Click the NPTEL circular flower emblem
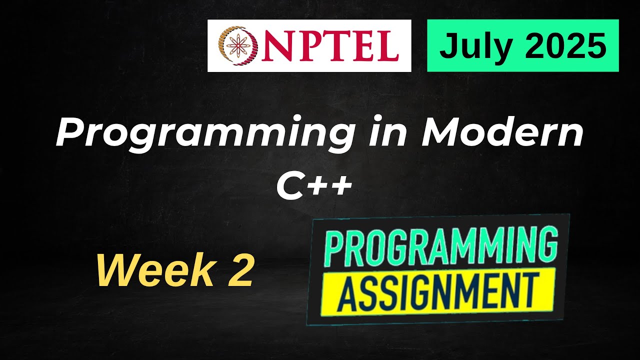(x=237, y=46)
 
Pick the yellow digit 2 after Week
(x=240, y=270)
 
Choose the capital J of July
(x=447, y=46)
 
